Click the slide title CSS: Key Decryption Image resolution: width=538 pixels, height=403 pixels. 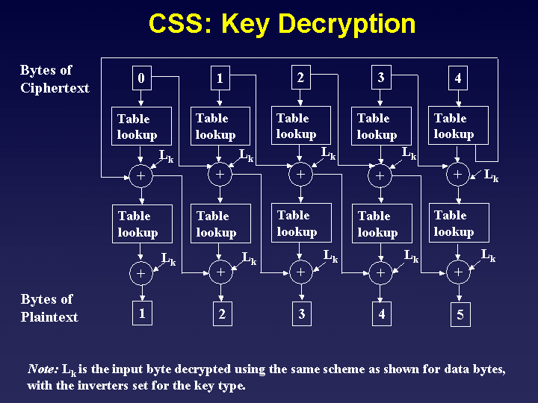(282, 24)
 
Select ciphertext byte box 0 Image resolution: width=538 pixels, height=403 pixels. (142, 78)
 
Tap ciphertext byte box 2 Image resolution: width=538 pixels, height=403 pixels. (300, 77)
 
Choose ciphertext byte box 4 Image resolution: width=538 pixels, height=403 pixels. (459, 78)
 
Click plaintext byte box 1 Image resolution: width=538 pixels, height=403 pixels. (142, 313)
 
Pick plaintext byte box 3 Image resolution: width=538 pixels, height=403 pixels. (301, 313)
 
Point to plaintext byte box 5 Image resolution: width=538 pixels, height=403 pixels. (460, 315)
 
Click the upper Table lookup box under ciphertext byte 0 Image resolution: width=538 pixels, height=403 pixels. (142, 126)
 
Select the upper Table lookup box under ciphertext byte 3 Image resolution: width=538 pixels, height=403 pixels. (381, 126)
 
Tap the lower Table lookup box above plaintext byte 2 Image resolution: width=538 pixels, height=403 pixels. (220, 224)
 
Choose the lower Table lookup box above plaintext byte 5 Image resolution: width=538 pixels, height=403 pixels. (459, 223)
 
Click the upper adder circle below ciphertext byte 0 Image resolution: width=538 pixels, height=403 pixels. (140, 176)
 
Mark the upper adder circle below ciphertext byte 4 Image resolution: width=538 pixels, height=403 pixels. (458, 175)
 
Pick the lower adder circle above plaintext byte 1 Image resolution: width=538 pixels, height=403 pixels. (140, 274)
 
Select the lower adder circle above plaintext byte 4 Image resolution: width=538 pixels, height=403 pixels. (380, 273)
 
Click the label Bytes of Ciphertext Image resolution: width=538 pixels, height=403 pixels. (55, 79)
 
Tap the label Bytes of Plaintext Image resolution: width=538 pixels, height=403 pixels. (49, 308)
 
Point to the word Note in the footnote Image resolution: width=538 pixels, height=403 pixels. (42, 369)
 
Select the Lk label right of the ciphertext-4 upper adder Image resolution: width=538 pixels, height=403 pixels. (491, 177)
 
